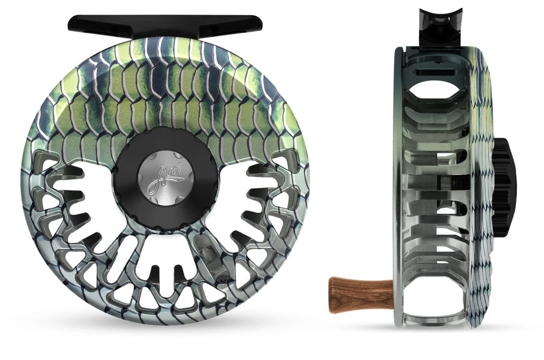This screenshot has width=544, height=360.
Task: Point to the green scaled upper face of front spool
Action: (x=166, y=91)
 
